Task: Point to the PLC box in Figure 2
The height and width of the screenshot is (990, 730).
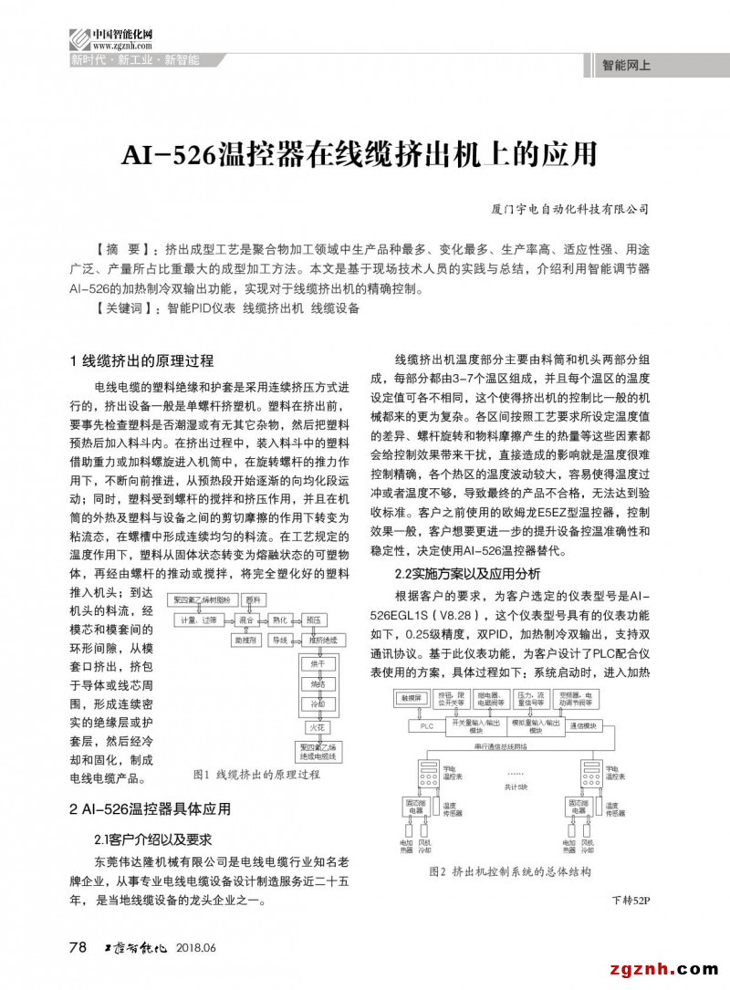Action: tap(426, 726)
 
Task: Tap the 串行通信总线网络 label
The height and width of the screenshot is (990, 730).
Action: tap(501, 747)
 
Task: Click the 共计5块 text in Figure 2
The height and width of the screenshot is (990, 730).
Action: tap(517, 786)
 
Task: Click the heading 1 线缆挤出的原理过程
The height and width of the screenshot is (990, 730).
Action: tap(141, 360)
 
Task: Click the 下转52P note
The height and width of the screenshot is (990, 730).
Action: tap(630, 901)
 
